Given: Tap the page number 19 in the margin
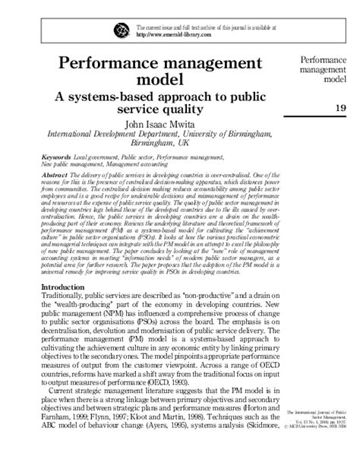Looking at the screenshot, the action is coord(339,109).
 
